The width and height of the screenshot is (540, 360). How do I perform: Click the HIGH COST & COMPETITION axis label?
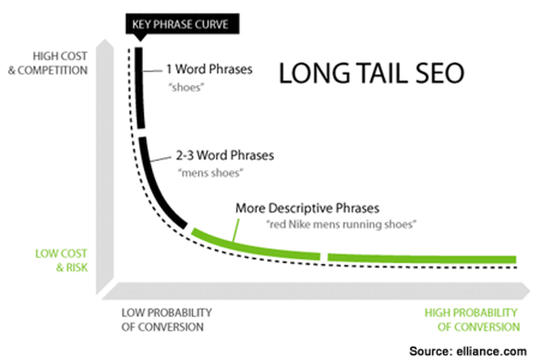(49, 62)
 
